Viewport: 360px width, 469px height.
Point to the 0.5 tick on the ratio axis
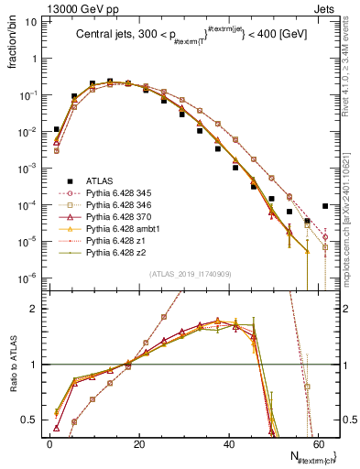[x=33, y=420]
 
